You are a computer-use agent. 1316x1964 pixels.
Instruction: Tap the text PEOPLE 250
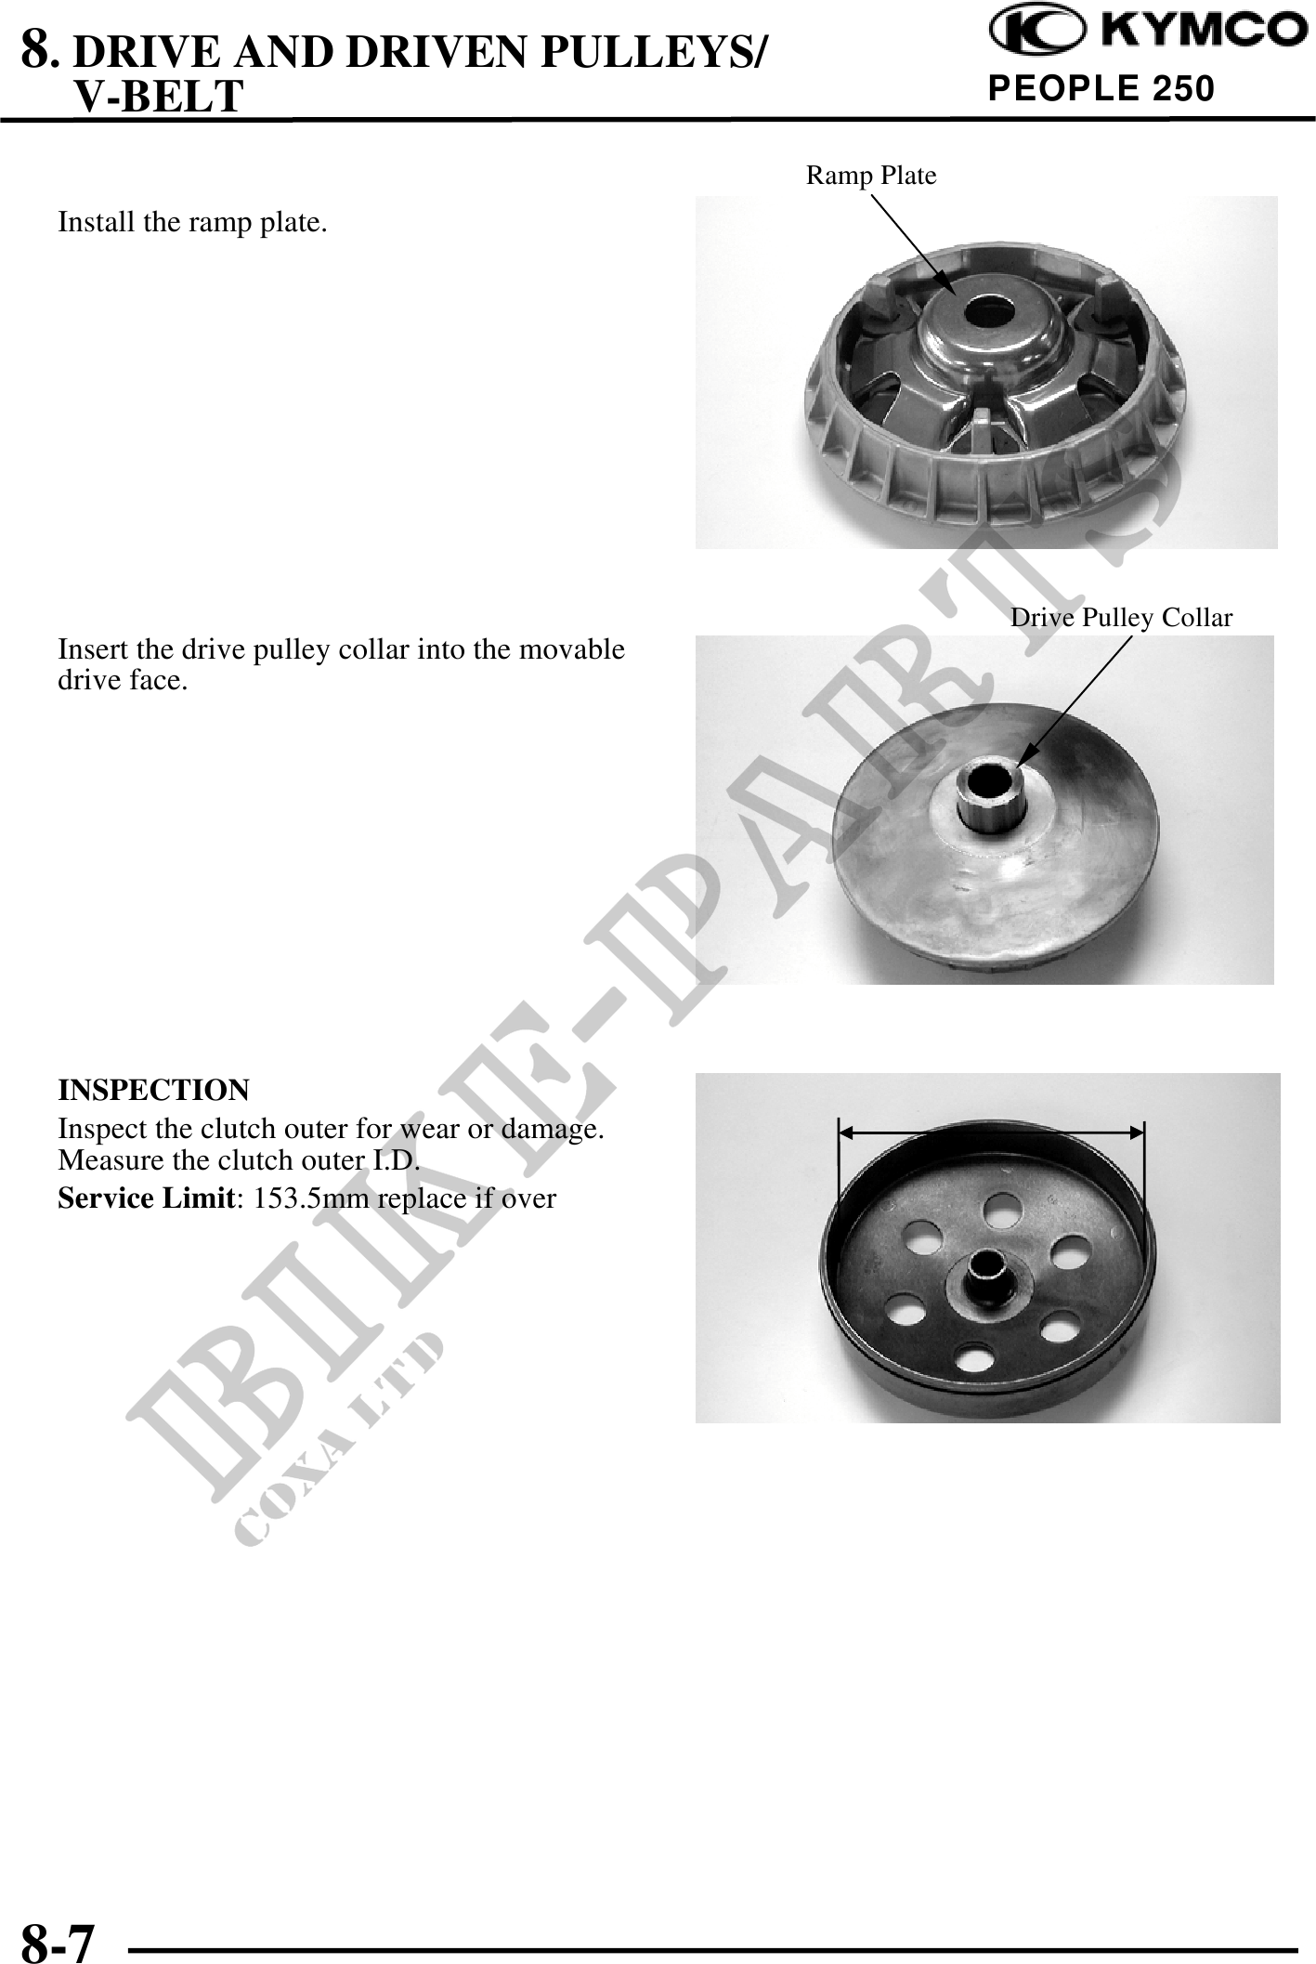(1101, 89)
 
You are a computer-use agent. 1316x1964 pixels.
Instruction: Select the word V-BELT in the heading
(158, 96)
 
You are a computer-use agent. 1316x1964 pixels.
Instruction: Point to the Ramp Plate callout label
(871, 175)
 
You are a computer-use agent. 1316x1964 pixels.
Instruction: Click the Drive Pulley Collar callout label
(1121, 618)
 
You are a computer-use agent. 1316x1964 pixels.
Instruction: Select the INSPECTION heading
(153, 1089)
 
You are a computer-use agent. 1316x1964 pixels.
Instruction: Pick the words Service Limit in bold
(145, 1198)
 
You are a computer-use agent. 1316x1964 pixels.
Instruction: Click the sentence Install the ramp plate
(192, 223)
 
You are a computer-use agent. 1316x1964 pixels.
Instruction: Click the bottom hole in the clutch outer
(973, 1358)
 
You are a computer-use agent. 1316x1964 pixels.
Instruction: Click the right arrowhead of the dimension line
(1137, 1133)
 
